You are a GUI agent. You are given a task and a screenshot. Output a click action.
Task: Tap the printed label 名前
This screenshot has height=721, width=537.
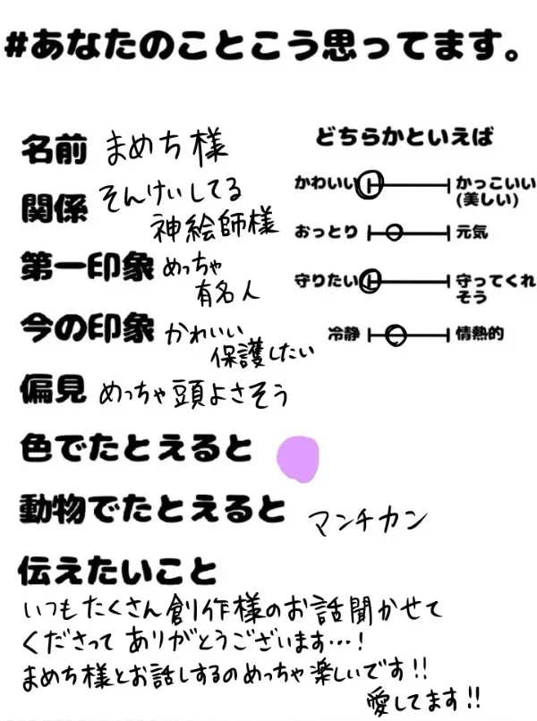[53, 149]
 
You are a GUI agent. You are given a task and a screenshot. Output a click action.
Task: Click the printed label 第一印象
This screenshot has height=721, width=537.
[87, 267]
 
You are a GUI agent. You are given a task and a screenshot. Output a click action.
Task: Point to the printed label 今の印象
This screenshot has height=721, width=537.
[87, 328]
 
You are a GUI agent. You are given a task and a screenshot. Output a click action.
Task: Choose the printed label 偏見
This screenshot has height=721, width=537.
[53, 388]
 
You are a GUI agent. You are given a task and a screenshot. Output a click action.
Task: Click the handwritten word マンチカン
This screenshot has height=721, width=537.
[368, 520]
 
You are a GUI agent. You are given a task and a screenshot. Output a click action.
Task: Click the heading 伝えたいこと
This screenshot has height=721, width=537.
[117, 571]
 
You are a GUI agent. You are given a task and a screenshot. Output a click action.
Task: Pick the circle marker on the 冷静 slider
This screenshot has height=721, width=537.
[397, 335]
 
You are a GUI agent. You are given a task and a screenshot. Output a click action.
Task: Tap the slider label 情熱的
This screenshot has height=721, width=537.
[479, 335]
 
